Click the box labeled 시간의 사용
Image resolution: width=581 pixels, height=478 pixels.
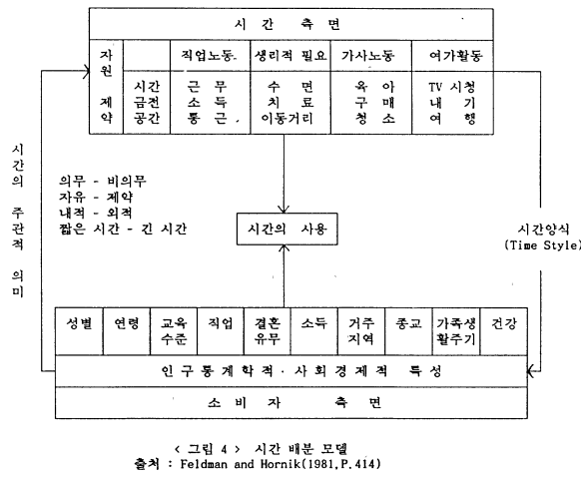click(288, 229)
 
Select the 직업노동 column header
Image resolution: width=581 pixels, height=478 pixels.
click(210, 56)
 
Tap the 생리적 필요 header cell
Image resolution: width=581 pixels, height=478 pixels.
click(290, 56)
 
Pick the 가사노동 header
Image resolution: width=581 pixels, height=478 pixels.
click(371, 56)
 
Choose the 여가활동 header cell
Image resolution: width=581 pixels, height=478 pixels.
click(452, 56)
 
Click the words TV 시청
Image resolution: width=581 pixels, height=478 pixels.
click(452, 87)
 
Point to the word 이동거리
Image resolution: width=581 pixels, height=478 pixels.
click(288, 119)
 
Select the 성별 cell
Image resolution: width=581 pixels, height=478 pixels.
click(79, 331)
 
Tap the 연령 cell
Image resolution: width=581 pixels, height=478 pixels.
click(127, 331)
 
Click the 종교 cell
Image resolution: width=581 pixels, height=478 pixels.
click(408, 331)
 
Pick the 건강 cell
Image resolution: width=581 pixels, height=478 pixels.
click(504, 331)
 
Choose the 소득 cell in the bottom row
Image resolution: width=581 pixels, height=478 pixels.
click(314, 331)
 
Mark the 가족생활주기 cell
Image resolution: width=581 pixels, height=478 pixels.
click(456, 331)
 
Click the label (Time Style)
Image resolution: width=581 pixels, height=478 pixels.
click(542, 245)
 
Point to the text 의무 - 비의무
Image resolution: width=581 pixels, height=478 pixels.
click(103, 181)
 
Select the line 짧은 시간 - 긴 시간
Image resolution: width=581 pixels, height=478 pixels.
click(123, 230)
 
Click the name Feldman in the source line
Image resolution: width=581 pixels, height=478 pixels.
click(204, 464)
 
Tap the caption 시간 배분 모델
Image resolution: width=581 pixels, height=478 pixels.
click(301, 449)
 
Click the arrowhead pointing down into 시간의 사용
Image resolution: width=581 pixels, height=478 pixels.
click(284, 210)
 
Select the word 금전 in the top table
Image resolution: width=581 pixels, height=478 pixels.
click(147, 103)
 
